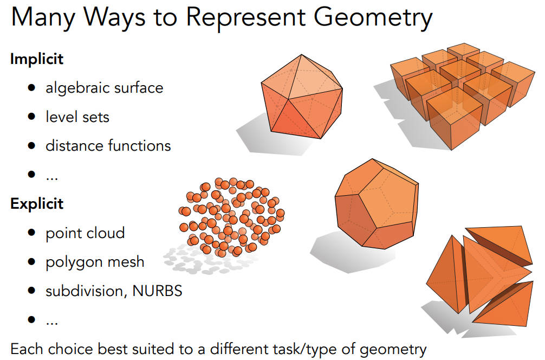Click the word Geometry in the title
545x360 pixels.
(373, 17)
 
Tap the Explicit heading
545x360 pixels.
(37, 203)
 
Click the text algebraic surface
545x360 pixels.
(104, 88)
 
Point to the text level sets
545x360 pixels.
(77, 117)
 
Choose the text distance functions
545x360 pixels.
(108, 146)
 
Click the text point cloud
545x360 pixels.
(85, 233)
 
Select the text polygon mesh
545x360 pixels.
(95, 262)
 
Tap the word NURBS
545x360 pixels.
(158, 291)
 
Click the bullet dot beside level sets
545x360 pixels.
(31, 116)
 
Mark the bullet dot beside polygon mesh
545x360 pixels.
(31, 261)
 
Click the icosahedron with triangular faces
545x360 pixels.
(302, 97)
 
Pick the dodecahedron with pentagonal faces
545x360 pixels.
(377, 204)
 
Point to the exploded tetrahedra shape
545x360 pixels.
(479, 276)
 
